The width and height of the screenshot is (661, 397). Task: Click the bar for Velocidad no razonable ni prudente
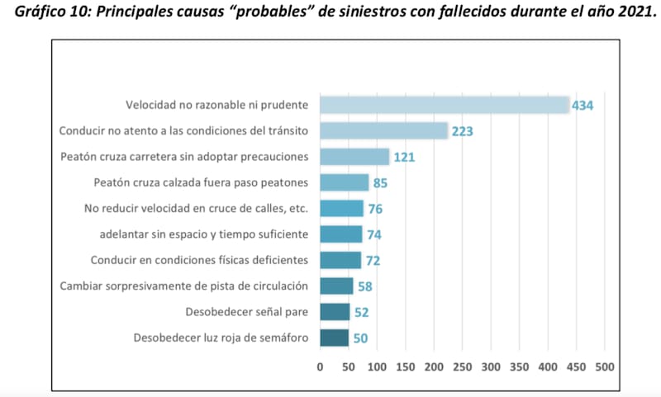pos(445,105)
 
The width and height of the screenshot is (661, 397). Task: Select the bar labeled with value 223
pos(383,130)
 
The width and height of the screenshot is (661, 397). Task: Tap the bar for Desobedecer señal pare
pos(335,312)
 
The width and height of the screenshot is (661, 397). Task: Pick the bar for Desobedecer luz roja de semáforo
pos(334,338)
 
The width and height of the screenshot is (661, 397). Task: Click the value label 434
pos(584,106)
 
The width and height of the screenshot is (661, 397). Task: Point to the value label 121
pos(404,157)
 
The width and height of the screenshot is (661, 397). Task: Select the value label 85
pos(380,182)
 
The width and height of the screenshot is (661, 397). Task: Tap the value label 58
pos(364,286)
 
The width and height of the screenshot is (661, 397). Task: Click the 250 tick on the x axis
pos(463,366)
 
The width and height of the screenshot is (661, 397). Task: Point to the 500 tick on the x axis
pos(605,366)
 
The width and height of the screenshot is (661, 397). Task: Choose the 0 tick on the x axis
pos(321,366)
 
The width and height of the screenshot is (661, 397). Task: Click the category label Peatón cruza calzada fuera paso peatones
pos(201,182)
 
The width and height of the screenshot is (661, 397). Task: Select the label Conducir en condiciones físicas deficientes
pos(199,260)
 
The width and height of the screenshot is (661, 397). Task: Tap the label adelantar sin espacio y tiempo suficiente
pos(203,234)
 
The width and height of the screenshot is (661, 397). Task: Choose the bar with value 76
pos(342,208)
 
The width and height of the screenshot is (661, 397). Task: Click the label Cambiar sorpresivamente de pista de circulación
pos(184,286)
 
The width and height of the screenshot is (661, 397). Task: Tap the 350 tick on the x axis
pos(520,366)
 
